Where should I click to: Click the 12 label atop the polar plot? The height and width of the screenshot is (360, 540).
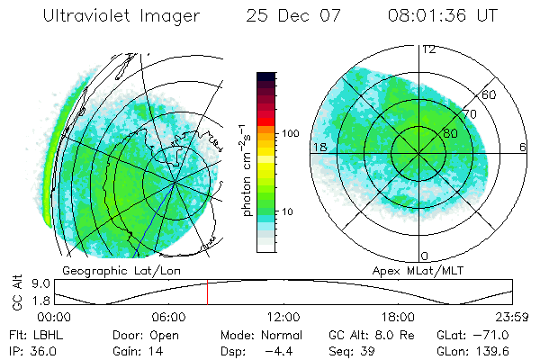click(x=429, y=49)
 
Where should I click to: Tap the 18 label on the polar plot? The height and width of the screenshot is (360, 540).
click(x=319, y=147)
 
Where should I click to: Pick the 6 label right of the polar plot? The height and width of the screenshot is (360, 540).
click(x=523, y=147)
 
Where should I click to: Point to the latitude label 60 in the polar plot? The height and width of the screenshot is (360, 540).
click(x=490, y=94)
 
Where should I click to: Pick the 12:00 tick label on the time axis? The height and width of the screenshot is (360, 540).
click(x=283, y=317)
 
